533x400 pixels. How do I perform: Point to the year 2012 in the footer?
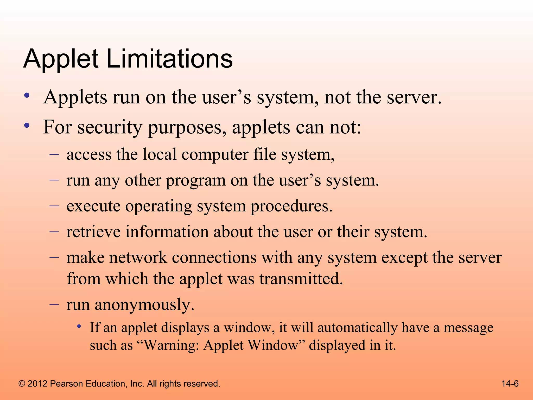[x=37, y=384]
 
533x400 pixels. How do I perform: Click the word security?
[x=110, y=128]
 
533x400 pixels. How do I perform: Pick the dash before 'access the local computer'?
[x=54, y=154]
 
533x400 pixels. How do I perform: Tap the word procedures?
[x=291, y=207]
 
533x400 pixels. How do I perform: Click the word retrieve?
[x=93, y=232]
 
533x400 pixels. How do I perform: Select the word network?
[x=138, y=258]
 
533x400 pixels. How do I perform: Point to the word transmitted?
[x=301, y=279]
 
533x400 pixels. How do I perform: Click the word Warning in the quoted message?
[x=172, y=346]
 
